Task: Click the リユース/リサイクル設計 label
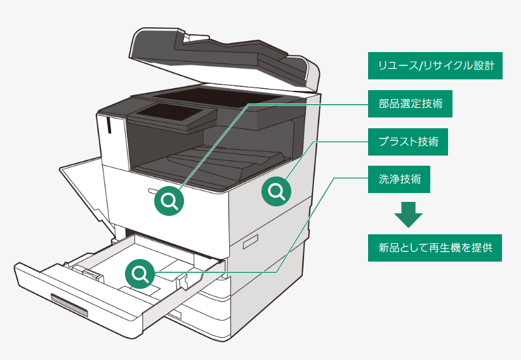click(435, 66)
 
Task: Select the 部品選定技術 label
click(410, 103)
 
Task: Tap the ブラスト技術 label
click(408, 142)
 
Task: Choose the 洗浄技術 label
click(400, 180)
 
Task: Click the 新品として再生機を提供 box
click(435, 248)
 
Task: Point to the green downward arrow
click(408, 215)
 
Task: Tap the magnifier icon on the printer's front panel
click(169, 201)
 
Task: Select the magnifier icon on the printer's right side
click(277, 191)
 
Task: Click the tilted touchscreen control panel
click(171, 117)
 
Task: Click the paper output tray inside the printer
click(209, 162)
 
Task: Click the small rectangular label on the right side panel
click(250, 241)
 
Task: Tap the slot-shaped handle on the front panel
click(154, 190)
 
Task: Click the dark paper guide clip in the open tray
click(89, 272)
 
